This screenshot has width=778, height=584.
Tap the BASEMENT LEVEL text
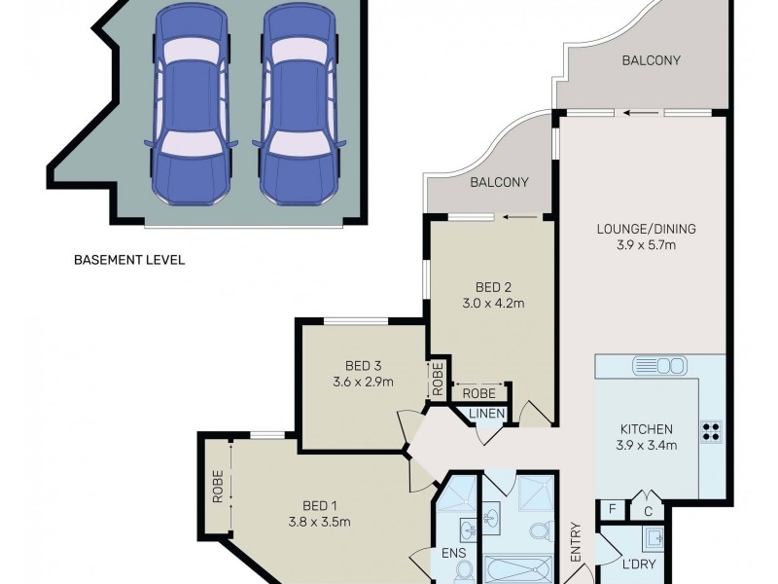pos(129,260)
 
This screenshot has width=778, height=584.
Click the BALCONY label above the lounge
pos(651,61)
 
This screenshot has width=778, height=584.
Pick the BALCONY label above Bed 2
pos(499,182)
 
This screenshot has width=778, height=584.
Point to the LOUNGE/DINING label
pos(647,230)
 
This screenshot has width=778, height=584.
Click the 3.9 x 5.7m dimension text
pos(647,245)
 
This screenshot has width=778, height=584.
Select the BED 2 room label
pos(493,286)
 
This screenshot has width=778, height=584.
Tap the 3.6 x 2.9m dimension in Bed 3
pos(363,382)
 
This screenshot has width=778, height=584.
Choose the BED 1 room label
pos(320,505)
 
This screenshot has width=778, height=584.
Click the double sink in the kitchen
pos(659,366)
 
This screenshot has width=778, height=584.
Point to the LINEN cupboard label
pos(487,416)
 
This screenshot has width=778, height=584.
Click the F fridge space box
pos(612,507)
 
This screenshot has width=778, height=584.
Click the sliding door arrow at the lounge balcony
pos(639,112)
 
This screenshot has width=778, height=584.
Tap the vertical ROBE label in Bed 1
pos(219,486)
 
